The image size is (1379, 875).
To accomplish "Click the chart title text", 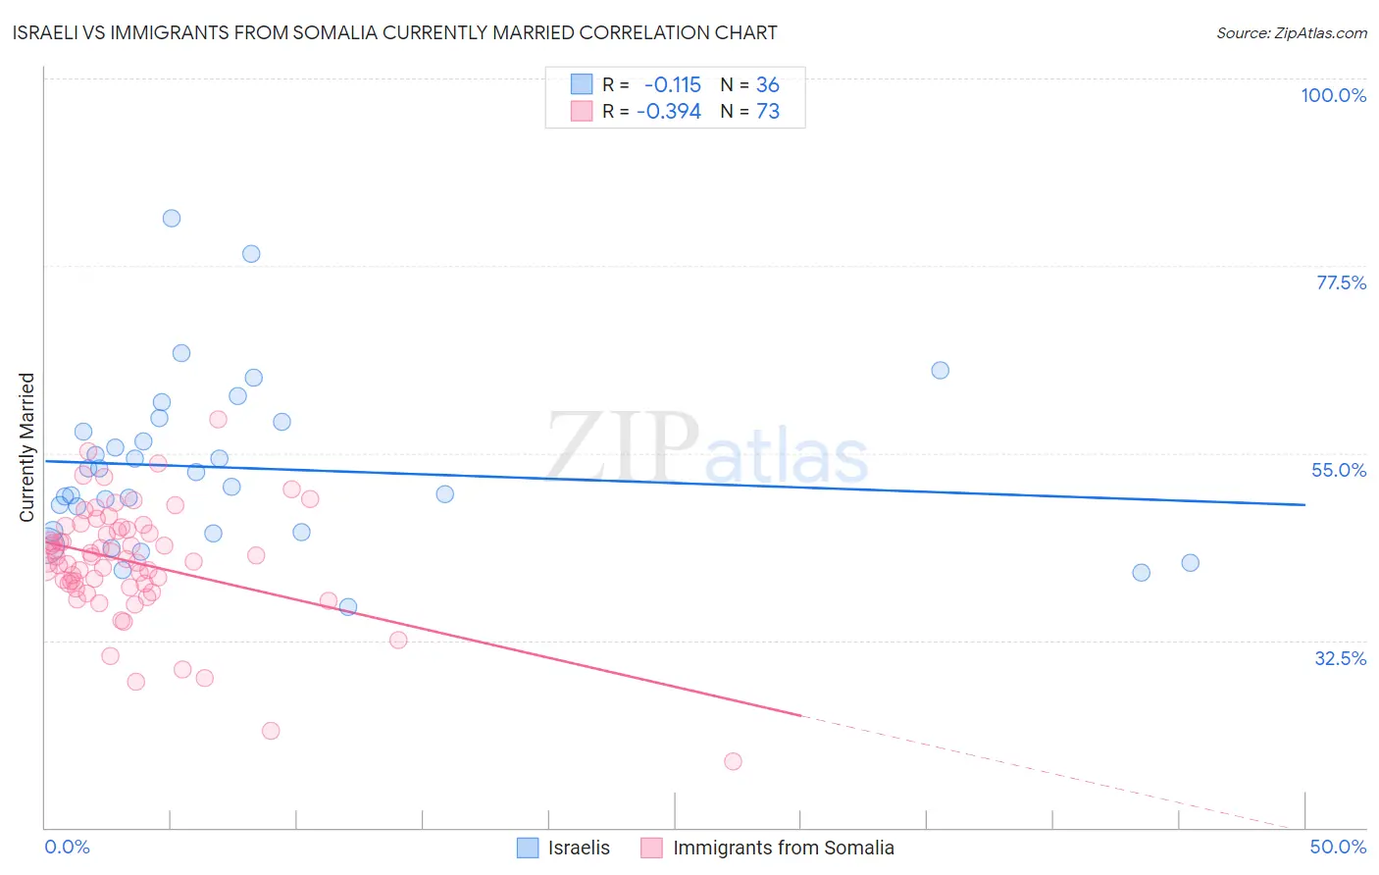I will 395,33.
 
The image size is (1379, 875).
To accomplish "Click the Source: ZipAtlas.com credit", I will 1291,33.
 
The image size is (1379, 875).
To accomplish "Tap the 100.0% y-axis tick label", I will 1333,95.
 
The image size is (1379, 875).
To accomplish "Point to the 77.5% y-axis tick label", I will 1340,283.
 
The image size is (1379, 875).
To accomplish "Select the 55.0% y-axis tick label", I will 1338,470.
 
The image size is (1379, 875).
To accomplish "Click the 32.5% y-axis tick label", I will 1340,658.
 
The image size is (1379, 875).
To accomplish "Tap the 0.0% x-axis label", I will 67,847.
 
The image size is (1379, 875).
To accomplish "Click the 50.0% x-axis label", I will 1338,847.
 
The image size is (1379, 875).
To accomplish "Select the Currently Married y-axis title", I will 27,446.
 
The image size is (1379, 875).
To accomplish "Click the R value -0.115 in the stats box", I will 672,85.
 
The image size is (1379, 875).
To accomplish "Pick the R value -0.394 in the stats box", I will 668,112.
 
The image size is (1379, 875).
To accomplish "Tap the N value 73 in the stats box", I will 768,112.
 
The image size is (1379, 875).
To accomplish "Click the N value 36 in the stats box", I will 768,85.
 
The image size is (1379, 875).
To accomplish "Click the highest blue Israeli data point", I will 172,219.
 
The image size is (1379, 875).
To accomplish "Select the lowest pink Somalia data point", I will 733,761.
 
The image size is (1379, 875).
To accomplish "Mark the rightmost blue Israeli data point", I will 1190,563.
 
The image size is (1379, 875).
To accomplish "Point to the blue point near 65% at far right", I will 940,371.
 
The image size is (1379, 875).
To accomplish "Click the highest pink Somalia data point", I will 218,420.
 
